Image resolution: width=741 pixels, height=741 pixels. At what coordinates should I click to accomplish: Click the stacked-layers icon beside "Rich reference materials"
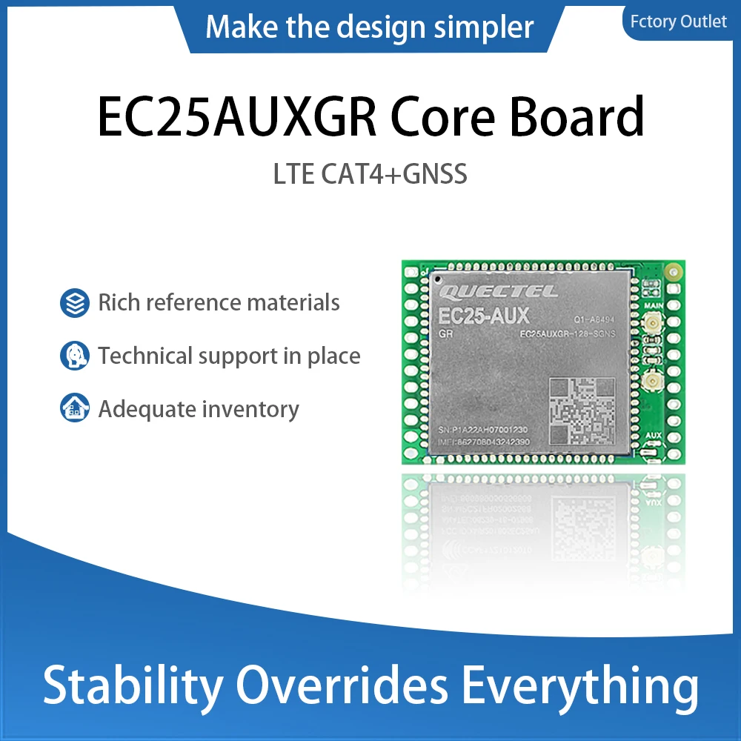pos(74,303)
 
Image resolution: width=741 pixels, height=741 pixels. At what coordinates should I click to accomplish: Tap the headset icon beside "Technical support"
pos(74,356)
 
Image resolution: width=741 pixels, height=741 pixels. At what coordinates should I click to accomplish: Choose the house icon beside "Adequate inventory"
pos(74,409)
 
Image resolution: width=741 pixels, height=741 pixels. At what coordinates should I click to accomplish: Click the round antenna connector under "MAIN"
pos(654,322)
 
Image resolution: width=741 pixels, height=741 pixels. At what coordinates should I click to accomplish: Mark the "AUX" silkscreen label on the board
pos(654,435)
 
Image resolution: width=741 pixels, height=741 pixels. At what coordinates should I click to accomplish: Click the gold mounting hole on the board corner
pos(673,272)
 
